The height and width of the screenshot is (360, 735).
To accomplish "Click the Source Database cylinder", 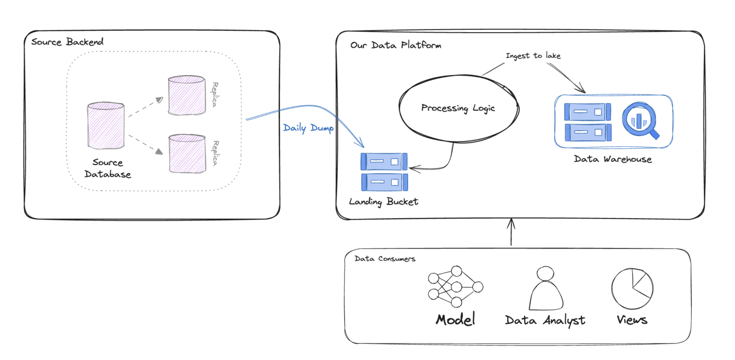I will tap(106, 125).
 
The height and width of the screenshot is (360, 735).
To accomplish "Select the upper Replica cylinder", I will tap(186, 96).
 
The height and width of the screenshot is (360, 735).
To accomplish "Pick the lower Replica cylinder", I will tap(187, 153).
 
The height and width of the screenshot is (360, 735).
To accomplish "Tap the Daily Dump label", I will tap(308, 128).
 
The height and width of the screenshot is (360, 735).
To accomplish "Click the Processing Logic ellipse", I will tap(458, 108).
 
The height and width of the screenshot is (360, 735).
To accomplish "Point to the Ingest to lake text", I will tap(533, 56).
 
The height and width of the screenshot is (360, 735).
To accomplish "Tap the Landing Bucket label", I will tap(383, 202).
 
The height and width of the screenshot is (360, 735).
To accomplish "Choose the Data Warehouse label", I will tap(612, 159).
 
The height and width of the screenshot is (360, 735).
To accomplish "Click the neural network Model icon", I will tap(455, 287).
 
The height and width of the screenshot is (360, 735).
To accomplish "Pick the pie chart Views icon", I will tap(632, 288).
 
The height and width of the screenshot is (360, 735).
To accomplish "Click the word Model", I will tap(455, 320).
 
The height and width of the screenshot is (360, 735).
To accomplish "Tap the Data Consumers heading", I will tap(385, 259).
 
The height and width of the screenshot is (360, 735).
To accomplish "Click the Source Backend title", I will tap(67, 42).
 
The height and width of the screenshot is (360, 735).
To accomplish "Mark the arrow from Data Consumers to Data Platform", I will tap(511, 233).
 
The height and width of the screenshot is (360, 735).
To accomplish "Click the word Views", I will tap(632, 320).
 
